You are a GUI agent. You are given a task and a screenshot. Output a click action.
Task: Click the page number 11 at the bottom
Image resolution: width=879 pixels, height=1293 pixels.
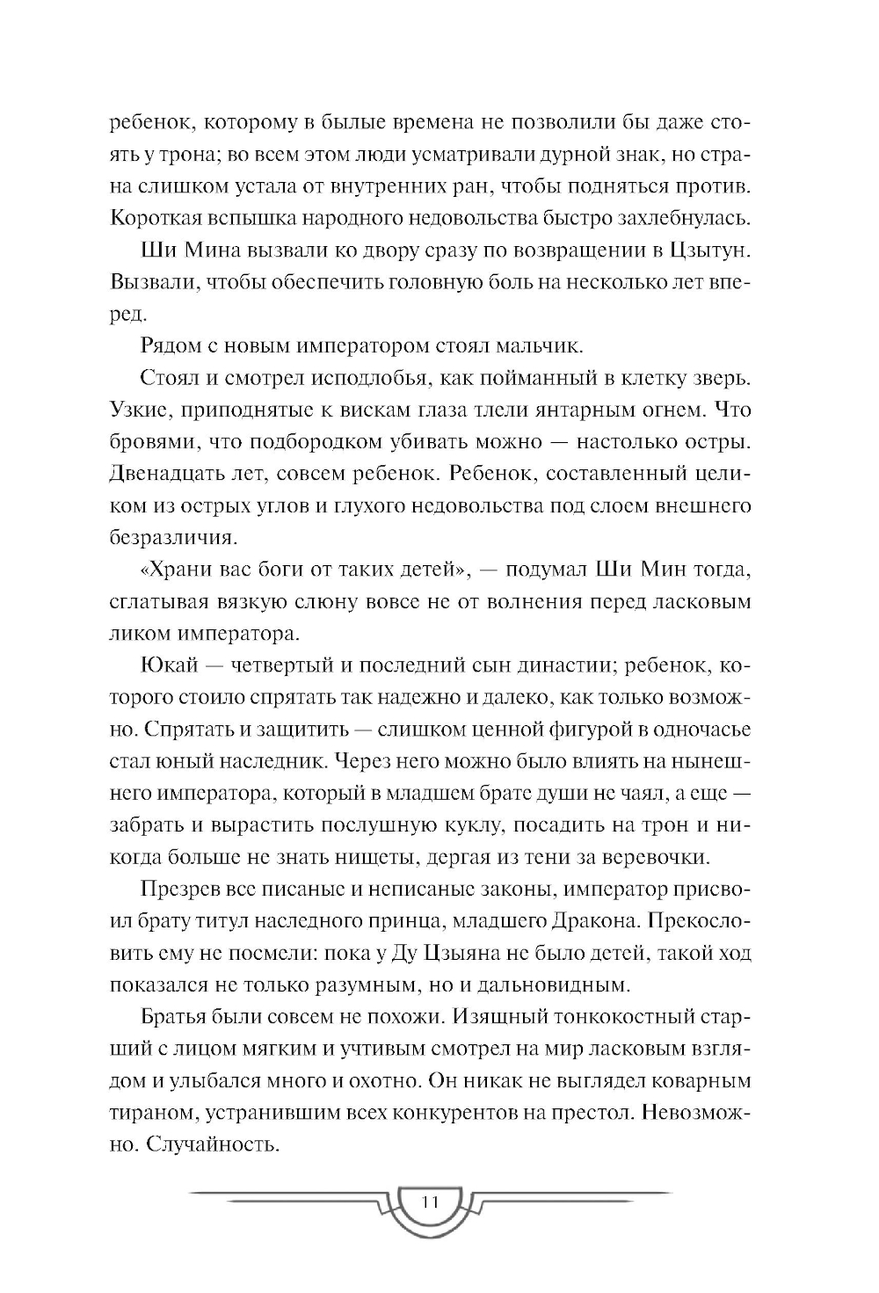pyautogui.click(x=430, y=1203)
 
